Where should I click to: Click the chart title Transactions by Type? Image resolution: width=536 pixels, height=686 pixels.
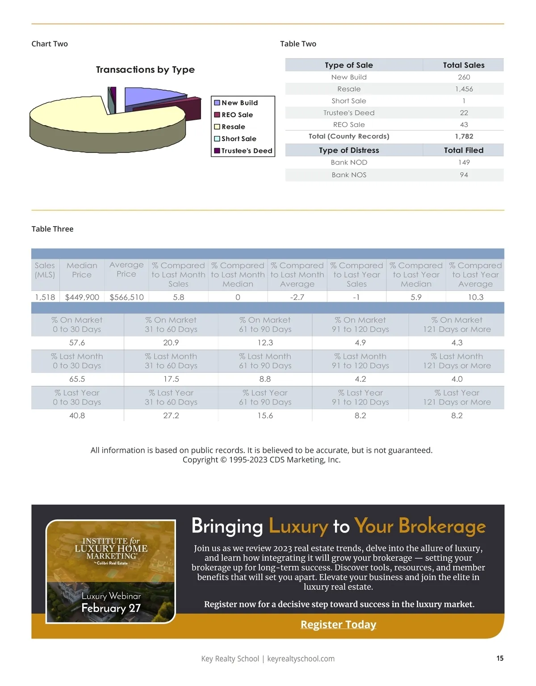(145, 70)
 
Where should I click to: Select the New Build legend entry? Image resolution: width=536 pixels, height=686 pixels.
(239, 103)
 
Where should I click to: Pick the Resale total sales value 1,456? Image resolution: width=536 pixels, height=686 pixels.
(464, 89)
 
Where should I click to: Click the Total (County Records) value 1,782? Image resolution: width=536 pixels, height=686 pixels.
(464, 136)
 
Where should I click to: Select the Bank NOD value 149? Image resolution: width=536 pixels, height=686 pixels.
(464, 162)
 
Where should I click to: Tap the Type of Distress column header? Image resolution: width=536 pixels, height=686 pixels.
(349, 150)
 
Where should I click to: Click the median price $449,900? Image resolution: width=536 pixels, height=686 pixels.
(82, 297)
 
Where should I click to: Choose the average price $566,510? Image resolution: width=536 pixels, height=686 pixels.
(126, 297)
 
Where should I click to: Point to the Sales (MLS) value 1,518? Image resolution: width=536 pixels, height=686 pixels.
(45, 297)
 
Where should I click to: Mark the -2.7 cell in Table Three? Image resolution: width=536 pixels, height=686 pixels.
(297, 297)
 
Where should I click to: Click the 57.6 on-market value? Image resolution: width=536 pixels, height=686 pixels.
(77, 343)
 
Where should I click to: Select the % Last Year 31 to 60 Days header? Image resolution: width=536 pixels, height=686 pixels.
(171, 397)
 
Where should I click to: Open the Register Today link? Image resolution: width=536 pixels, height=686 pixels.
(338, 624)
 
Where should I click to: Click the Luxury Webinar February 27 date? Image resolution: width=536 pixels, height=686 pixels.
(111, 608)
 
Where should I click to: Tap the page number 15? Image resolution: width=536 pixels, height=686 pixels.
(500, 658)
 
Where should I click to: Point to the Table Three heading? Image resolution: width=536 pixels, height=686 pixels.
(52, 229)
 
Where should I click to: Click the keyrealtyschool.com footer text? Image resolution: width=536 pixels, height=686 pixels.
(301, 659)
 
